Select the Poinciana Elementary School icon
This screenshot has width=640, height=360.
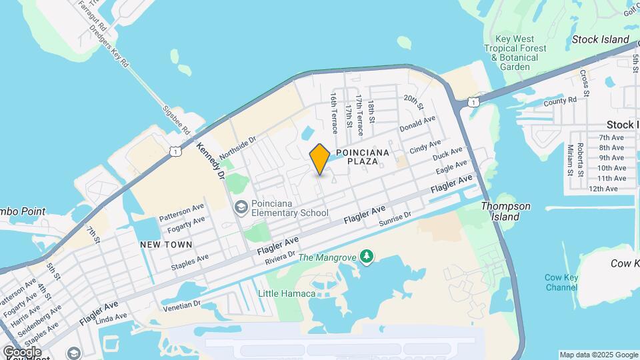point(240,207)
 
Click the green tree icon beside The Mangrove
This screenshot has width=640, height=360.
point(366,256)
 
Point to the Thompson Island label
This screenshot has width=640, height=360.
point(506,211)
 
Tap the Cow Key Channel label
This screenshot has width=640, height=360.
point(561,282)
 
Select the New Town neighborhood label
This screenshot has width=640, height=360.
point(166,245)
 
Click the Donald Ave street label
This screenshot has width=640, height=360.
point(417,124)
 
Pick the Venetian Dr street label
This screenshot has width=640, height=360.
point(183,305)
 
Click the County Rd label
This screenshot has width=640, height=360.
point(559,101)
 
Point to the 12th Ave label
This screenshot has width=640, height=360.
point(603,189)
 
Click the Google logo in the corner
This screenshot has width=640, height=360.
point(22,351)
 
